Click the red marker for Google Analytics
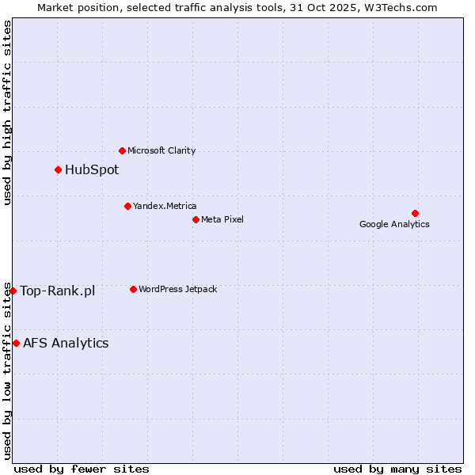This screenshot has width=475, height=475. click(x=415, y=213)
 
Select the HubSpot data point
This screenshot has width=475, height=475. click(x=58, y=169)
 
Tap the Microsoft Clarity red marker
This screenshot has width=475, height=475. click(x=122, y=150)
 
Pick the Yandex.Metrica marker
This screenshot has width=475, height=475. click(x=127, y=206)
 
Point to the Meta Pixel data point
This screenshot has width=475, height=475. click(x=196, y=219)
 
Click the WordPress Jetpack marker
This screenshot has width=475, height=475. click(x=133, y=289)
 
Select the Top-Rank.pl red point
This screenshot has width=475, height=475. click(x=13, y=291)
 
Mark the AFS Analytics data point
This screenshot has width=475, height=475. click(x=16, y=343)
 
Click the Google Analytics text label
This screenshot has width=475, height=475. click(x=394, y=224)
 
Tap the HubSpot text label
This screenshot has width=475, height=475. click(x=92, y=169)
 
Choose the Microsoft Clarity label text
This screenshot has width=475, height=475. click(x=161, y=150)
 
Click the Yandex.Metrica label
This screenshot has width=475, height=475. click(x=165, y=206)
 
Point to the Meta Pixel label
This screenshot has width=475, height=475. click(x=222, y=219)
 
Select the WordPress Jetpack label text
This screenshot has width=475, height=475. click(x=177, y=289)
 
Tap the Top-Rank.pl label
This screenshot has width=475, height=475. click(x=57, y=291)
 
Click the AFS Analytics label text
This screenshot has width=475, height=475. click(x=66, y=343)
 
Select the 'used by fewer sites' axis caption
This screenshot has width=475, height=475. click(x=82, y=469)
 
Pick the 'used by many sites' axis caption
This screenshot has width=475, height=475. click(x=397, y=469)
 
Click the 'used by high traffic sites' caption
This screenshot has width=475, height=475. click(x=8, y=112)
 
